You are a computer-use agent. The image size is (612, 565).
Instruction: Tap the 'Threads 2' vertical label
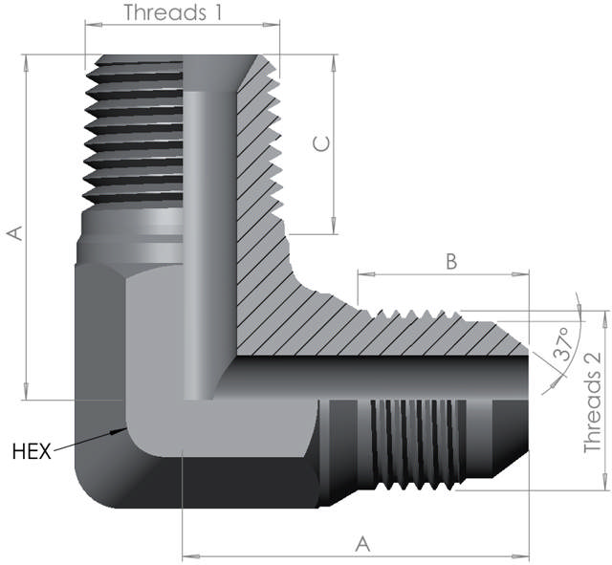tap(593, 402)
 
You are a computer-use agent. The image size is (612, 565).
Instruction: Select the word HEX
tap(31, 449)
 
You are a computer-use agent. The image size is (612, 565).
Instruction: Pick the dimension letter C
tap(322, 143)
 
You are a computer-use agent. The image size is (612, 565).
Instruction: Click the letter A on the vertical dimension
tap(13, 233)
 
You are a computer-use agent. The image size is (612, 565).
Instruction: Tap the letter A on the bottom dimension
tap(362, 543)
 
